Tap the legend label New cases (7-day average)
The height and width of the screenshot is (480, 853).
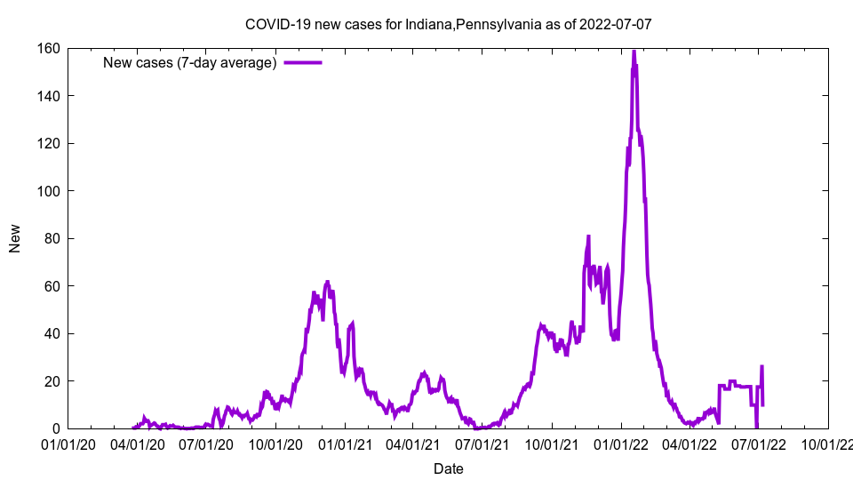[x=190, y=62]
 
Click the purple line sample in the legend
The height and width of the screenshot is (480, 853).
[x=302, y=62]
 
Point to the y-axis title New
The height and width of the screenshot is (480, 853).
[x=15, y=238]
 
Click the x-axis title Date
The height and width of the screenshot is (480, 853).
[x=448, y=468]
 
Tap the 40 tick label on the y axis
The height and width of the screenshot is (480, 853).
[x=52, y=334]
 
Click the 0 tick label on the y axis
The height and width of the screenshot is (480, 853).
[x=55, y=429]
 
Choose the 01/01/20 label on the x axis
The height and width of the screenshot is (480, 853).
[x=68, y=444]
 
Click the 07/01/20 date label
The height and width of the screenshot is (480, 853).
[x=206, y=444]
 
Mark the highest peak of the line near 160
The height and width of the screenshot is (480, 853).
[x=634, y=52]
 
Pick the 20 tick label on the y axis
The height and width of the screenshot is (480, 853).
[x=52, y=381]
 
